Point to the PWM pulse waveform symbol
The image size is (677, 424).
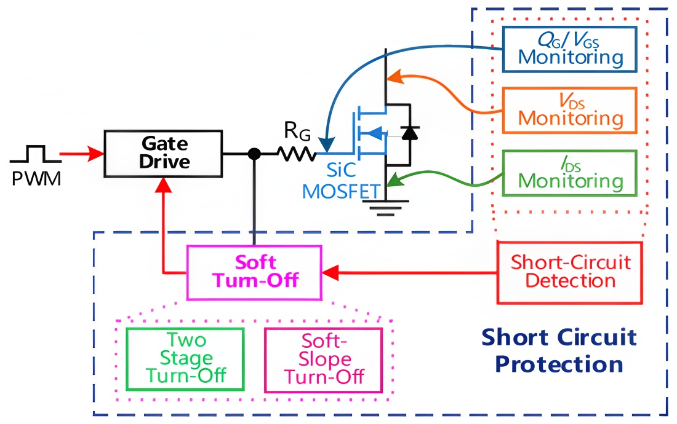click(x=35, y=154)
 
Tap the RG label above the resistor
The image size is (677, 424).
click(x=294, y=131)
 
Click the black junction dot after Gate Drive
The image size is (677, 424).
click(x=253, y=154)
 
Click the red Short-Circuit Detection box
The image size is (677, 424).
click(x=570, y=272)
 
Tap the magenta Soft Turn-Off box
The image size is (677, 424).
click(x=254, y=272)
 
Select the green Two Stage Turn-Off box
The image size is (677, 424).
click(x=185, y=359)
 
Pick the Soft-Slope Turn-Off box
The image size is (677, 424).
click(x=324, y=359)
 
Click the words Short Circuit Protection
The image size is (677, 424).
click(x=558, y=350)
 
